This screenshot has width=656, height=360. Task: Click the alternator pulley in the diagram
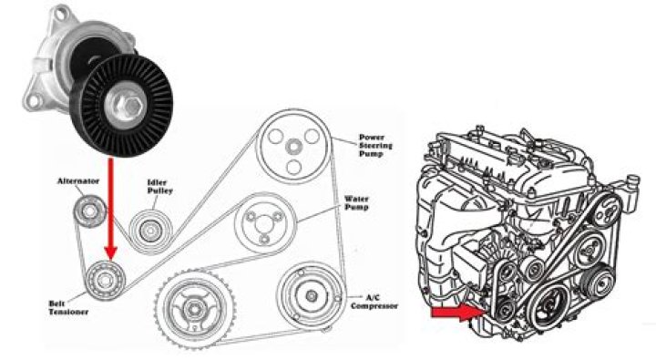point(87,211)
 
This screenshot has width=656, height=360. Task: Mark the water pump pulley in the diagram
point(265,223)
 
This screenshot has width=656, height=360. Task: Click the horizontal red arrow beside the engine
point(456,314)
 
